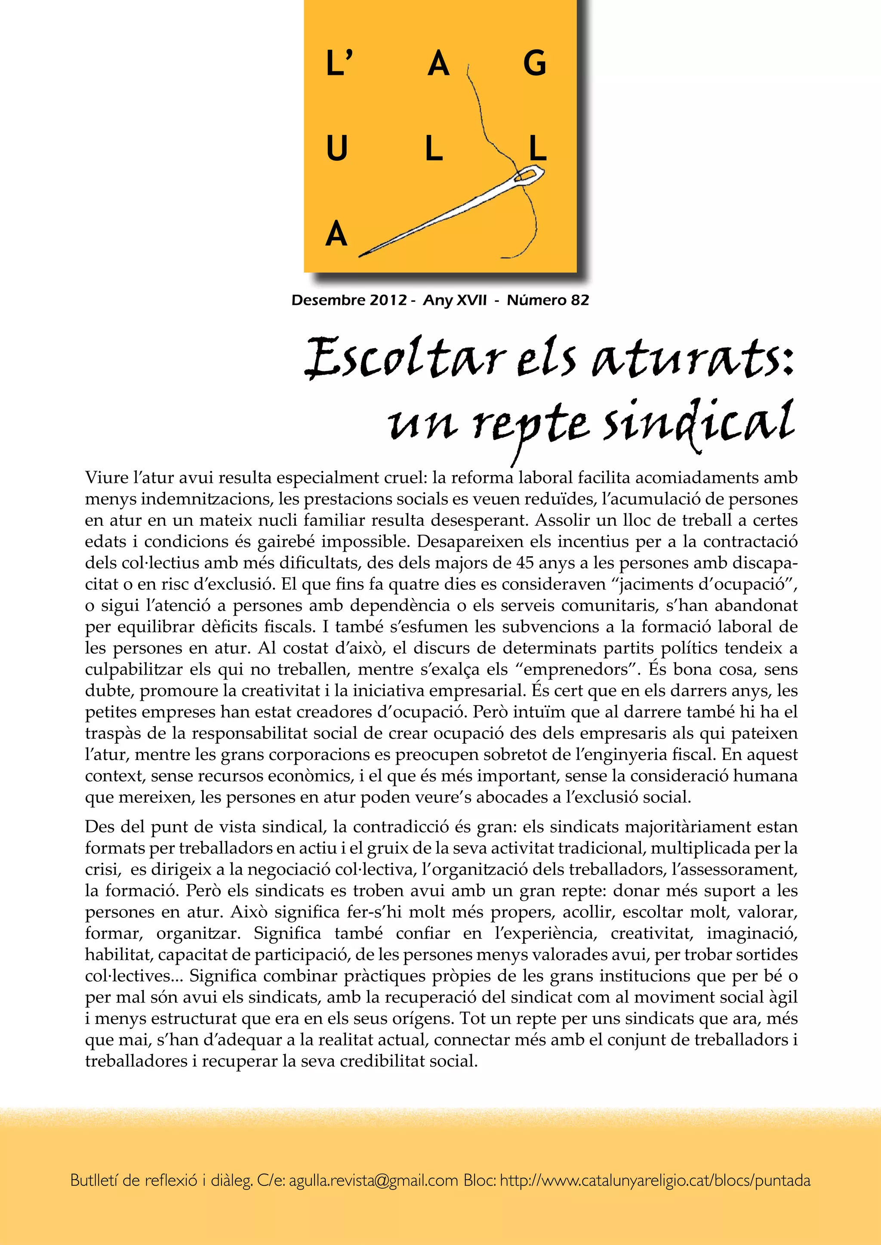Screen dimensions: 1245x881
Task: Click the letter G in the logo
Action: click(x=534, y=64)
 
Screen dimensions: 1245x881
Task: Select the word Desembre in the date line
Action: click(x=322, y=300)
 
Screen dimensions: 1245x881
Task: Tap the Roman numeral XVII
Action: click(x=470, y=300)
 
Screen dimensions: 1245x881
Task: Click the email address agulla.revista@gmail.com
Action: click(x=373, y=1180)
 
